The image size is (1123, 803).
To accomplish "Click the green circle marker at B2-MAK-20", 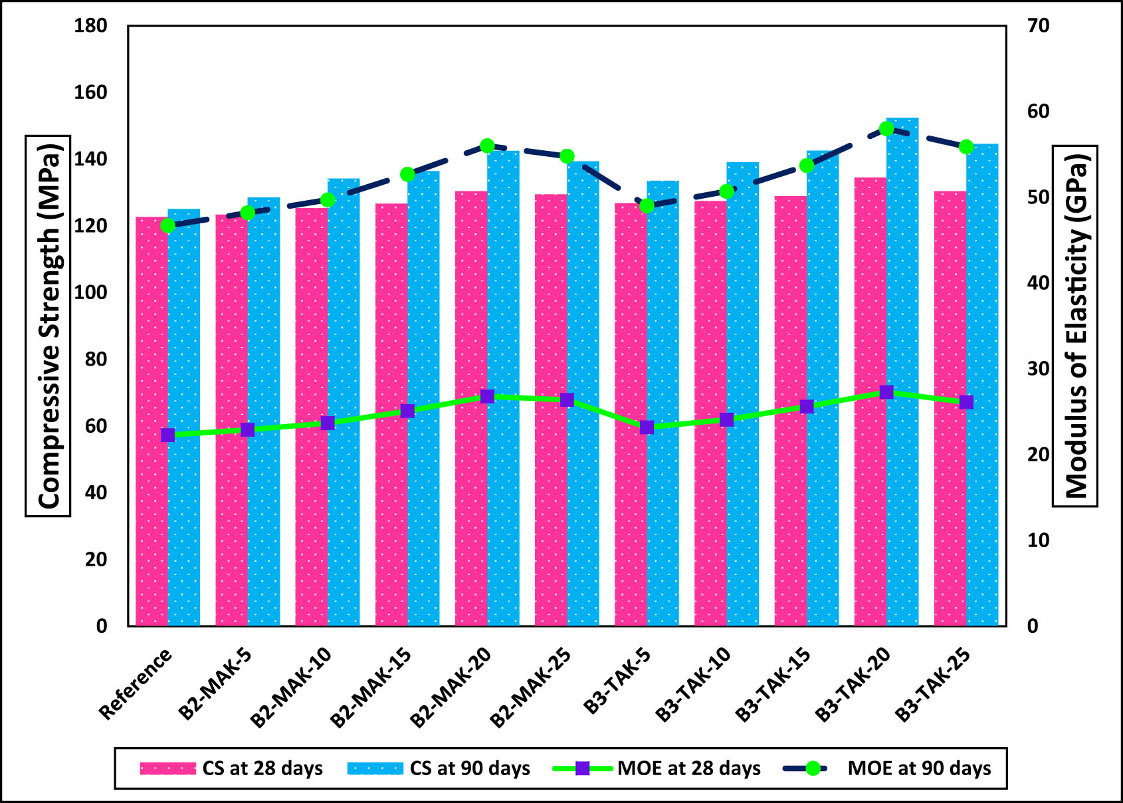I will click(x=487, y=146).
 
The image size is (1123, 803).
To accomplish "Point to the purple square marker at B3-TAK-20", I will click(x=886, y=392).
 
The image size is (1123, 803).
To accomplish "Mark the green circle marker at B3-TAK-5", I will click(x=647, y=206).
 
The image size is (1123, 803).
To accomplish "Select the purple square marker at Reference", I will click(x=168, y=435).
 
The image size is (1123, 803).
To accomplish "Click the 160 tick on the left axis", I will click(x=91, y=92).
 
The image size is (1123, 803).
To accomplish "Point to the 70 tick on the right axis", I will click(x=1038, y=26).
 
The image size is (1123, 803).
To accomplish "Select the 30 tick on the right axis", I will click(x=1038, y=369).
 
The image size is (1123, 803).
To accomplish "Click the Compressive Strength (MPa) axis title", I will click(x=48, y=326).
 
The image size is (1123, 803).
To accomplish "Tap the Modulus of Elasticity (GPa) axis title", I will click(x=1075, y=326).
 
